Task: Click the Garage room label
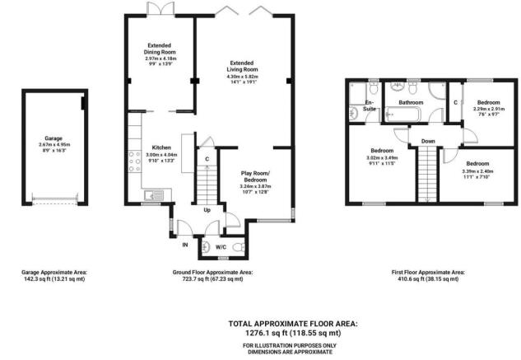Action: (53, 139)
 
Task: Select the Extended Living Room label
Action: (241, 68)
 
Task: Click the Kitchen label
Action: (161, 147)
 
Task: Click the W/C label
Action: (221, 245)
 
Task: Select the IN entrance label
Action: (184, 245)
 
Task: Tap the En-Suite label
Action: (370, 105)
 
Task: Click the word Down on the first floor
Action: (427, 141)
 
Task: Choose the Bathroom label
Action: (410, 102)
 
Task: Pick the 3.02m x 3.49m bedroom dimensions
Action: (381, 158)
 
